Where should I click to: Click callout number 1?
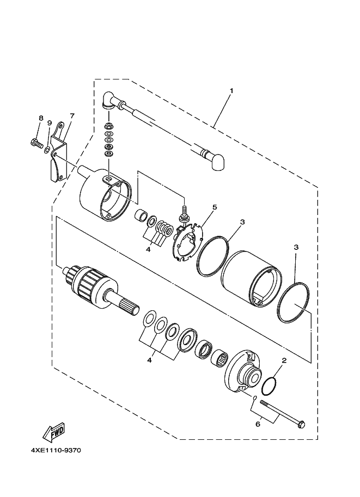click(x=231, y=90)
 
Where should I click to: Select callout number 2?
click(x=284, y=360)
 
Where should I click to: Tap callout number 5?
click(x=215, y=207)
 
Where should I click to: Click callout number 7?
click(x=71, y=116)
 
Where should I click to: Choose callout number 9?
click(x=49, y=122)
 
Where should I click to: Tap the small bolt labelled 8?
click(x=36, y=144)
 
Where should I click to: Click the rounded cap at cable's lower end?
click(x=218, y=161)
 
